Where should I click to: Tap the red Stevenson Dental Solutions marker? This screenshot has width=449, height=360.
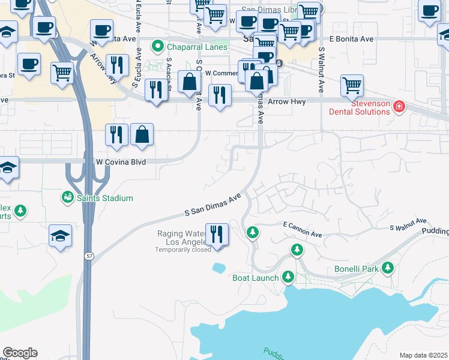coord(399,107)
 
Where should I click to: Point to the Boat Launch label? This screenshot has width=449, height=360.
coord(256,278)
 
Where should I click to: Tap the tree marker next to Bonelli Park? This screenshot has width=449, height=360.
coord(388,268)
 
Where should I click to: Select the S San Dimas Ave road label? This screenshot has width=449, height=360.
coord(212,205)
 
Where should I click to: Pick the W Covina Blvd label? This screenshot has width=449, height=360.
coord(121,162)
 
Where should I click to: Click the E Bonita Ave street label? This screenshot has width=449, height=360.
coord(351,39)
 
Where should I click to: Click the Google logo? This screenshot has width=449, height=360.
coord(20,353)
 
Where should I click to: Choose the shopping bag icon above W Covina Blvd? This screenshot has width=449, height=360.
coord(142,136)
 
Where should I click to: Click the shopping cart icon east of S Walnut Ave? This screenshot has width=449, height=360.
coord(352,85)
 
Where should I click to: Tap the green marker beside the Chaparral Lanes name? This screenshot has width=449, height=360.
coord(158,46)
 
